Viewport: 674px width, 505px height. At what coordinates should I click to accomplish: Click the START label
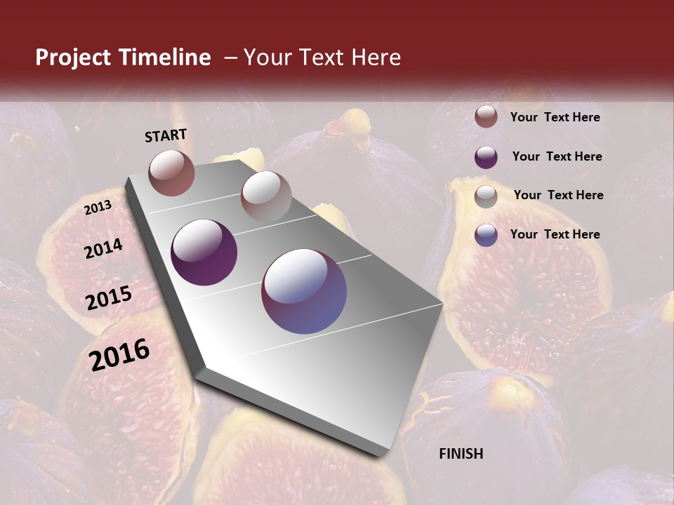[x=166, y=135]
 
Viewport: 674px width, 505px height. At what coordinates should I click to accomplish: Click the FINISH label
[x=461, y=454]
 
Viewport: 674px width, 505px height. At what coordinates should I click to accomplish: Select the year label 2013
[x=98, y=207]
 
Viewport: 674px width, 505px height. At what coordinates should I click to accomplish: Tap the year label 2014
[x=103, y=248]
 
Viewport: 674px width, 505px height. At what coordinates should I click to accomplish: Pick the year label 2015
[x=109, y=298]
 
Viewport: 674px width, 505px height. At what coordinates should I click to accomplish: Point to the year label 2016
[x=119, y=355]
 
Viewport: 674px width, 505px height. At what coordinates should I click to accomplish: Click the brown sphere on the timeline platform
[x=171, y=173]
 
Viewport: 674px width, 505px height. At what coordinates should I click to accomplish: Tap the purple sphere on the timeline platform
[x=204, y=252]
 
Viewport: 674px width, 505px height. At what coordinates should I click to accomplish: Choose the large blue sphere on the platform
[x=304, y=291]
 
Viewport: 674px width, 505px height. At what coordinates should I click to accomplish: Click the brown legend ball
[x=486, y=117]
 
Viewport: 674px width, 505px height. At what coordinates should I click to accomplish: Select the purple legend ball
[x=486, y=157]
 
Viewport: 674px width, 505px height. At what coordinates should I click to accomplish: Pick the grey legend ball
[x=486, y=196]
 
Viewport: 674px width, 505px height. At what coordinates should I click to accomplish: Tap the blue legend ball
[x=486, y=235]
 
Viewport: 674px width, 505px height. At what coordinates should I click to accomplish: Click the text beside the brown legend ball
[x=555, y=118]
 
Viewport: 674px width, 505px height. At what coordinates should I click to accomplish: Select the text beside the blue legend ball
[x=555, y=234]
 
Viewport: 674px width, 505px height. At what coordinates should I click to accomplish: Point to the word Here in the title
[x=376, y=58]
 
